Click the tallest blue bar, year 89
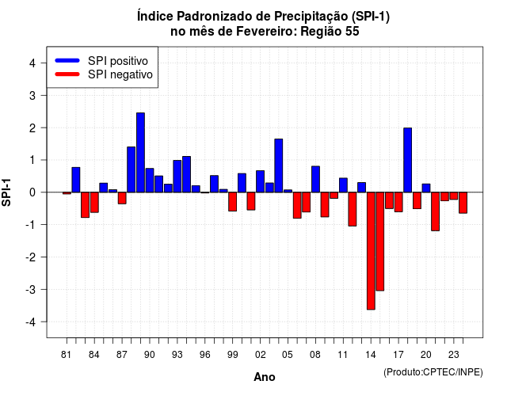pyautogui.click(x=140, y=153)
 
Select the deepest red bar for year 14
pyautogui.click(x=371, y=251)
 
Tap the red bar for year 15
pyautogui.click(x=380, y=242)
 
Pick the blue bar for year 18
pyautogui.click(x=408, y=160)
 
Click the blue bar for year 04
pyautogui.click(x=279, y=166)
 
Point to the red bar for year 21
pyautogui.click(x=435, y=211)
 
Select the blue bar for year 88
pyautogui.click(x=131, y=169)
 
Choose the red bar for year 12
pyautogui.click(x=353, y=209)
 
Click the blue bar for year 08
pyautogui.click(x=315, y=179)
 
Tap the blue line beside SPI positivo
pyautogui.click(x=67, y=60)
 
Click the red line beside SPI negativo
pyautogui.click(x=67, y=74)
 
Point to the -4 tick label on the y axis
pyautogui.click(x=32, y=322)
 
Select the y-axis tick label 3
pyautogui.click(x=32, y=96)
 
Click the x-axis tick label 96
pyautogui.click(x=204, y=355)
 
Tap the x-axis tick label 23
pyautogui.click(x=454, y=355)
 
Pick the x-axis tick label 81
pyautogui.click(x=66, y=355)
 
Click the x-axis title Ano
pyautogui.click(x=265, y=377)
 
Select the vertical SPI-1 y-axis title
pyautogui.click(x=6, y=192)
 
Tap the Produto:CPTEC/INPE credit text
pyautogui.click(x=433, y=372)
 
